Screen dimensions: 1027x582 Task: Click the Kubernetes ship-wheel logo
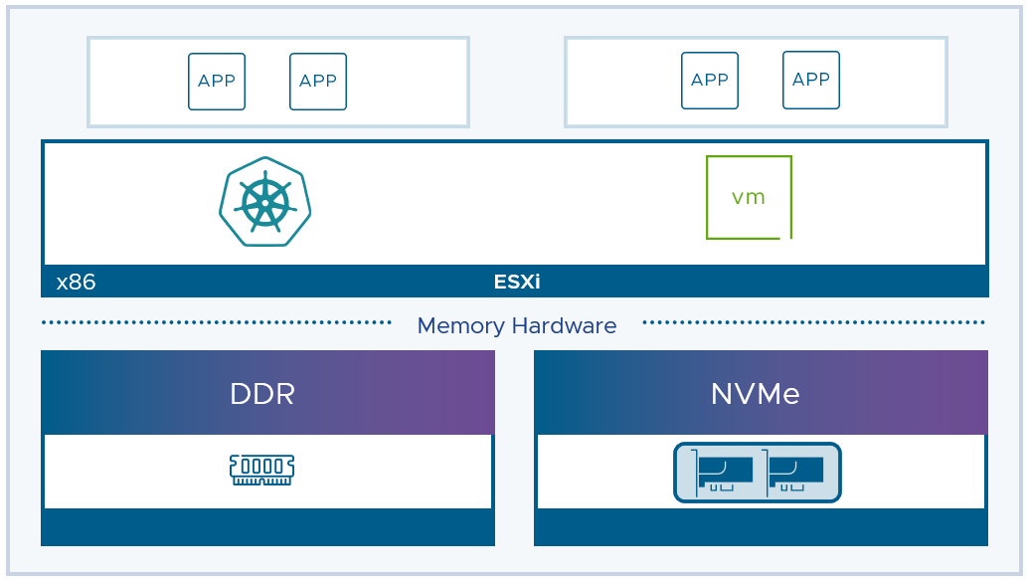(264, 202)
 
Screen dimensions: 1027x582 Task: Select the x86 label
(76, 282)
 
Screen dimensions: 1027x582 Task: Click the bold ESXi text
(517, 282)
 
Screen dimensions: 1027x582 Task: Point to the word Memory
(461, 325)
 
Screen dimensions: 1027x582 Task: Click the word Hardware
(564, 325)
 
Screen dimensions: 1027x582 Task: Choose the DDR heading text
(262, 394)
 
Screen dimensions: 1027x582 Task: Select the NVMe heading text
(756, 394)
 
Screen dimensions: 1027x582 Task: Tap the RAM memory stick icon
(262, 470)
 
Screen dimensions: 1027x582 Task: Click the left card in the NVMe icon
(723, 473)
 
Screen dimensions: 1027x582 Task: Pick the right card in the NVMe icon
(793, 473)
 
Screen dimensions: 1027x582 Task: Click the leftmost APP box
(217, 82)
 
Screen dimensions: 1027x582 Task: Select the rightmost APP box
(811, 80)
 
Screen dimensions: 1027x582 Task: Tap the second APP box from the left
(318, 82)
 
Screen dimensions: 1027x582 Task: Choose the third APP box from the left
(710, 81)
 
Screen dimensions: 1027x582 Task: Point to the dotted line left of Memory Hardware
(216, 322)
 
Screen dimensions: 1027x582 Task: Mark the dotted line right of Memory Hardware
(814, 322)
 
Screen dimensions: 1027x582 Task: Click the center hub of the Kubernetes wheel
(265, 203)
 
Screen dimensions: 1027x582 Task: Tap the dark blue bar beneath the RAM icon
(267, 527)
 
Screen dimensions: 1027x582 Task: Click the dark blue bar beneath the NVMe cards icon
(762, 527)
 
